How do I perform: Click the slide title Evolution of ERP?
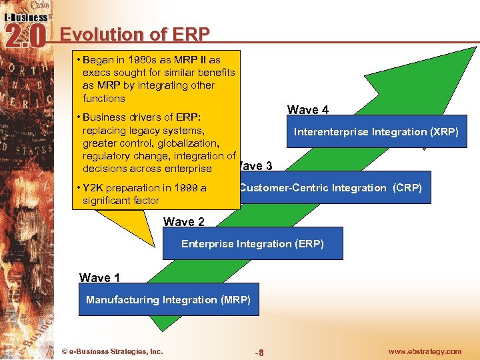(135, 34)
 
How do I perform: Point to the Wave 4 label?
(307, 110)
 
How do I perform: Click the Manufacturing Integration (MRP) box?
(168, 300)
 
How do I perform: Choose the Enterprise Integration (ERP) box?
(252, 244)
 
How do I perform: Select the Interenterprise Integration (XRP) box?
(376, 132)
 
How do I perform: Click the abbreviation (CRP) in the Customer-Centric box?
(406, 188)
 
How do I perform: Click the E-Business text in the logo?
(25, 17)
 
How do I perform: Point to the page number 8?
(261, 352)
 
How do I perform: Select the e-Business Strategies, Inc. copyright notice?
(112, 351)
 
